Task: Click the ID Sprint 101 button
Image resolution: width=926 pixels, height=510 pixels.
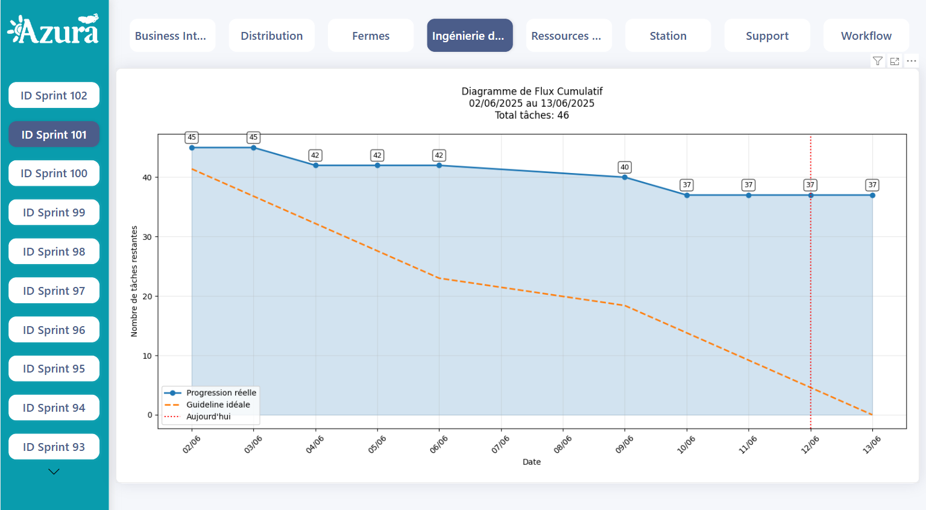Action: tap(54, 134)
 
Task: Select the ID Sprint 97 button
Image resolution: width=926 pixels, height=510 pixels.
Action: tap(54, 291)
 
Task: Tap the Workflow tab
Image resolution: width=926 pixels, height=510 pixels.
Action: tap(866, 36)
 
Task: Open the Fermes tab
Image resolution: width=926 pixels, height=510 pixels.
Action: tap(371, 36)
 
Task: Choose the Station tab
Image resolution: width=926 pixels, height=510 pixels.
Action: tap(668, 36)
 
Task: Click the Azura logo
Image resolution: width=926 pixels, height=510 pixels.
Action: tap(53, 30)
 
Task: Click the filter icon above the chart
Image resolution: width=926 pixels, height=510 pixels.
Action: tap(878, 61)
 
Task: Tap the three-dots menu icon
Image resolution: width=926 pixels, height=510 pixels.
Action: tap(912, 61)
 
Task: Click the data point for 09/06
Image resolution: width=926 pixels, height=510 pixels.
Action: tap(625, 177)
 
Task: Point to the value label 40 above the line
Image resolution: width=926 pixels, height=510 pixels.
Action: tap(625, 167)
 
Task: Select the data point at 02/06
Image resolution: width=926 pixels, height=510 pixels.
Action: tap(192, 148)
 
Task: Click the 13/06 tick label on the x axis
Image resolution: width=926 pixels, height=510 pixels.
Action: tap(871, 445)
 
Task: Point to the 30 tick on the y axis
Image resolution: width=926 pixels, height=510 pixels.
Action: tap(147, 237)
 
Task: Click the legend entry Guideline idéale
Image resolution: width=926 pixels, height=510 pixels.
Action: tap(218, 405)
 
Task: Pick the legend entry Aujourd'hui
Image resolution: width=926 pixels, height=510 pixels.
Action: tap(208, 417)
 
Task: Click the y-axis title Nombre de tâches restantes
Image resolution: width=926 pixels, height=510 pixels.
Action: tap(134, 281)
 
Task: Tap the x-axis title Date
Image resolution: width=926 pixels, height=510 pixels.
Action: tap(531, 462)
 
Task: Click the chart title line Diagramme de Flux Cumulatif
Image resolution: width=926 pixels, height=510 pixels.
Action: tap(532, 91)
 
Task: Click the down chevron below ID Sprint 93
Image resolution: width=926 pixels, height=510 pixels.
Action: tap(54, 472)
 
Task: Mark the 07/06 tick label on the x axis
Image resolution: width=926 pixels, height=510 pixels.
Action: tap(500, 445)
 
